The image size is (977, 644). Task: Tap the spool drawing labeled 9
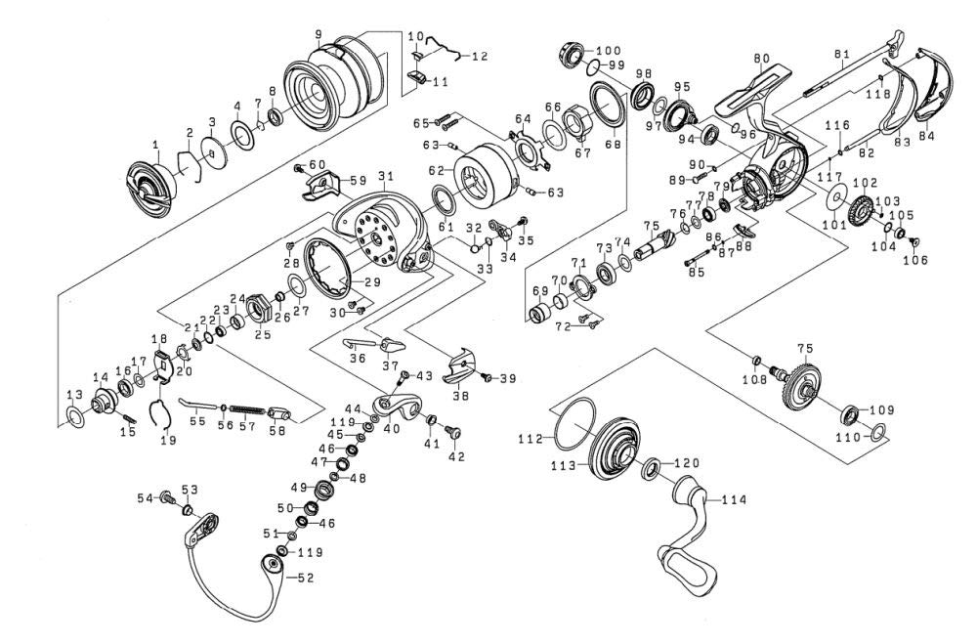coord(333,89)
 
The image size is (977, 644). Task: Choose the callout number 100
coord(608,50)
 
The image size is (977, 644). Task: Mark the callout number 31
coord(385,176)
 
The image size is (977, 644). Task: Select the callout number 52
coord(306,578)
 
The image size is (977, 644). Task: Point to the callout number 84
coord(926,136)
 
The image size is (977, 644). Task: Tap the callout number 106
coord(914,259)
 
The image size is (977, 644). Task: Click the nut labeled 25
coord(260,310)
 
